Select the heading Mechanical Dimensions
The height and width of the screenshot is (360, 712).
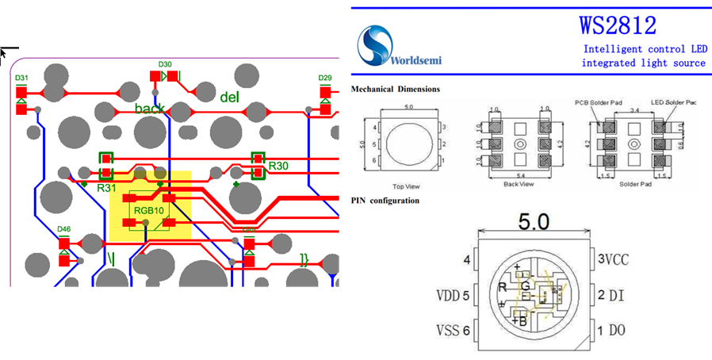tap(395, 90)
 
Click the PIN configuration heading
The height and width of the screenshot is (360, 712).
tap(385, 201)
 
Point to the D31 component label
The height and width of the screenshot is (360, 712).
tap(22, 78)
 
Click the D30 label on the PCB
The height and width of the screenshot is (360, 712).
tap(165, 64)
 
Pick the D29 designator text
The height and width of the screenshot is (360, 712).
tap(325, 78)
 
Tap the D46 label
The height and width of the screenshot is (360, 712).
tap(64, 230)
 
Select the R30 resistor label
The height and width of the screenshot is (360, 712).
tap(278, 166)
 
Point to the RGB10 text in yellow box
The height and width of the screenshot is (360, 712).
tap(149, 210)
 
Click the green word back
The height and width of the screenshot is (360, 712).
tap(150, 109)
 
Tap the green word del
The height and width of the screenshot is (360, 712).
tap(229, 98)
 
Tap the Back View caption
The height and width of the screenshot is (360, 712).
tap(519, 185)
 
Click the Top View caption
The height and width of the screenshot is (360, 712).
tap(406, 186)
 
